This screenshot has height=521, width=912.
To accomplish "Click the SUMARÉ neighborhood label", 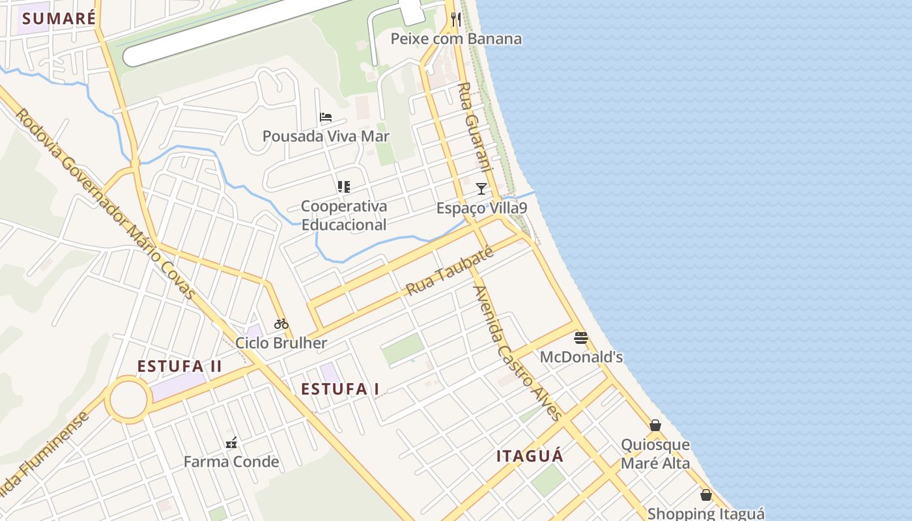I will point(59,18).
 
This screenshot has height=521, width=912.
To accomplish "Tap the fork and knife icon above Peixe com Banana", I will point(456,20).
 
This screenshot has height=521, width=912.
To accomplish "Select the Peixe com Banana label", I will point(456,39).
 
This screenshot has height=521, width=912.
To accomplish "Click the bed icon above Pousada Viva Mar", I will point(326,117).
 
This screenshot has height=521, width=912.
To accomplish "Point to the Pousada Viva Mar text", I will point(326,136).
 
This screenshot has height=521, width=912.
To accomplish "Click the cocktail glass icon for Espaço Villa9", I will point(481,189).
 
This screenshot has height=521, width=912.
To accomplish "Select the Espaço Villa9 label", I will point(481,208).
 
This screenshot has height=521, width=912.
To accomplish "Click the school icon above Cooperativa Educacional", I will point(344,187).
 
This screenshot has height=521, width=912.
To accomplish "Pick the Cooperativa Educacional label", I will point(344,216).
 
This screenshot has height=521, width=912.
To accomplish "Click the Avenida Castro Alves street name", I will point(518,354).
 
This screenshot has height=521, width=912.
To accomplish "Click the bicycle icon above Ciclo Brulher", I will point(281,324).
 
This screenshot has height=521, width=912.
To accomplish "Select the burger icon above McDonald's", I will point(581,338).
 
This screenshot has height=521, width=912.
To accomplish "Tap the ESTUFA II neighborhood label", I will point(180,367).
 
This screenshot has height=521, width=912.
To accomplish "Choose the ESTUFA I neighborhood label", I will point(340,389).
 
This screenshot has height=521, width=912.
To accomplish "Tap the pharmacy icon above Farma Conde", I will point(231,444).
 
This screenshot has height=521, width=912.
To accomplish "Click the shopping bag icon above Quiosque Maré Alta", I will point(655,426).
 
